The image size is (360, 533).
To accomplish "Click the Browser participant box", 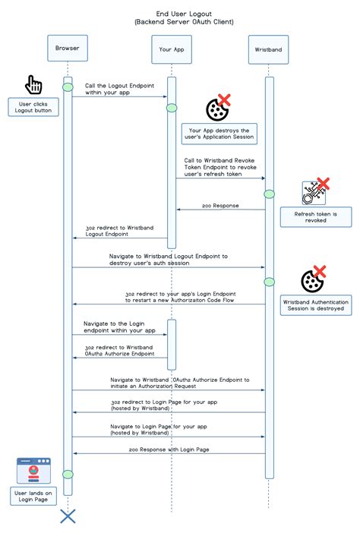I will [68, 49].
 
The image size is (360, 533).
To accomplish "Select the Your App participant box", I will [171, 49].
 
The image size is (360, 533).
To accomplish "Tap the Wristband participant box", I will [269, 49].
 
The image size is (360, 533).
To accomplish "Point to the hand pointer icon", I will [34, 84].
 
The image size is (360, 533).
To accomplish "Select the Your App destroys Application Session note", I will [219, 134].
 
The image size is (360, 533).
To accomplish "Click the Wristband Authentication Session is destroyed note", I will [315, 305].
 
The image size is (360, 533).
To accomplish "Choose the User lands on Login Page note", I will [34, 496].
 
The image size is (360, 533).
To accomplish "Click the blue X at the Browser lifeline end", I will [68, 516].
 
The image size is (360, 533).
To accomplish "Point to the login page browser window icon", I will [33, 471].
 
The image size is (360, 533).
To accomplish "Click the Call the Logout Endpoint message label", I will [112, 89].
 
